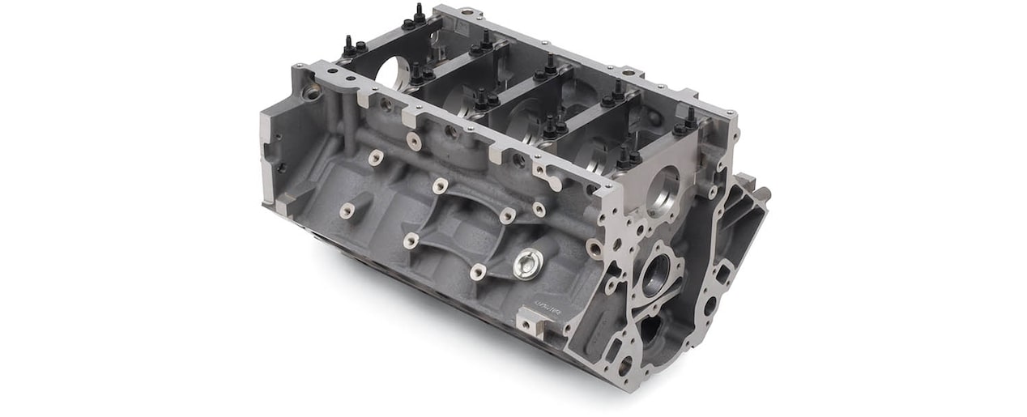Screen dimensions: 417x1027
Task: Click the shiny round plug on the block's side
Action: tap(528, 262)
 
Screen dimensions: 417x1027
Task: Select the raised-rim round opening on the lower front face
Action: tap(656, 273)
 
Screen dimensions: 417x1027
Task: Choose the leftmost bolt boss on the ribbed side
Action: tap(347, 211)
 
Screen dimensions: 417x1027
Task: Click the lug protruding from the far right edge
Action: tap(761, 194)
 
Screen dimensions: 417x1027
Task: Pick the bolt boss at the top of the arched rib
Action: tap(440, 185)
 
